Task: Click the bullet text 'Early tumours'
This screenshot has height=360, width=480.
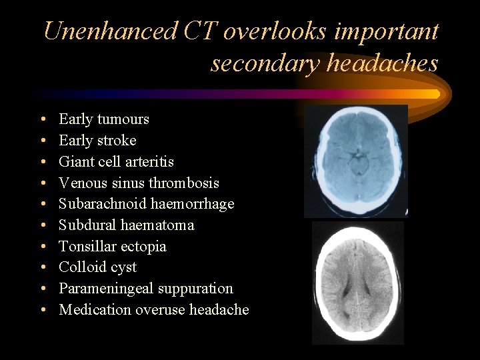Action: (x=103, y=119)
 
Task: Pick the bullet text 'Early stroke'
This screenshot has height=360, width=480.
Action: (x=97, y=141)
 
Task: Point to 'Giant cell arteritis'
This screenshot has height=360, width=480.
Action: (x=116, y=162)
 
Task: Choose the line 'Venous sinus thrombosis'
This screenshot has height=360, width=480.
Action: (x=139, y=183)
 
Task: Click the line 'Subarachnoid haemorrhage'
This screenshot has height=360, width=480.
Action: (x=146, y=204)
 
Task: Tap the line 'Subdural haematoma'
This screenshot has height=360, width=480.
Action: (x=126, y=225)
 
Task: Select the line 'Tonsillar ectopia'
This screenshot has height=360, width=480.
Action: (x=112, y=247)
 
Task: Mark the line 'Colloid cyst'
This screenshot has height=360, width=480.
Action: (x=97, y=267)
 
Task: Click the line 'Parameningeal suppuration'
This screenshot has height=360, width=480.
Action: (x=145, y=289)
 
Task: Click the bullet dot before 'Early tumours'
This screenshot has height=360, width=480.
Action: (x=42, y=120)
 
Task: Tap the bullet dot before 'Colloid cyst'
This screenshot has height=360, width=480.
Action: (x=42, y=268)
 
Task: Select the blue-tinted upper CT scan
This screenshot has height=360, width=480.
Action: (x=355, y=161)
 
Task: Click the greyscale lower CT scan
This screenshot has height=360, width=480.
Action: (x=358, y=283)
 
